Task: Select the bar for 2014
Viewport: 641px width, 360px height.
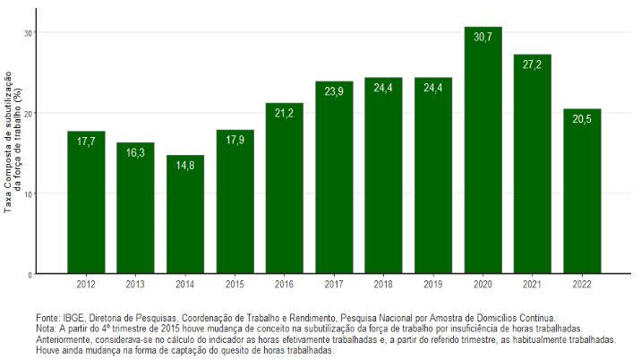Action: pos(185,215)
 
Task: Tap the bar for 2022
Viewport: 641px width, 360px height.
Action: pos(582,192)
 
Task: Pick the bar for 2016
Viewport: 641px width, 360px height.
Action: pos(285,189)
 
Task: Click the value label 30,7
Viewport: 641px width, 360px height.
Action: pos(483,38)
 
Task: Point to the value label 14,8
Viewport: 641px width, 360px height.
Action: pos(185,166)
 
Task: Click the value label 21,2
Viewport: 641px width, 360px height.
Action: pos(285,114)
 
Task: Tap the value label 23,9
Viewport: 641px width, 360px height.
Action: pos(334,92)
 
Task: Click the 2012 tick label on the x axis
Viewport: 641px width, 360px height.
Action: pos(86,284)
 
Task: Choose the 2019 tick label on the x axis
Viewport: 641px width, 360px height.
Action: pos(433,284)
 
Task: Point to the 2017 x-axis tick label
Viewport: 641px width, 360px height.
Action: pos(334,284)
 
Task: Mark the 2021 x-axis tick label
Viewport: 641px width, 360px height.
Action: pos(532,284)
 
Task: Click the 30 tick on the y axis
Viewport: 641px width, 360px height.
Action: pos(28,33)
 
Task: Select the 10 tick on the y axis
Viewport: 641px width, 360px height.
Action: pos(28,193)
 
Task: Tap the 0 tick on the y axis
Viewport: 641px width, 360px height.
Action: pos(30,274)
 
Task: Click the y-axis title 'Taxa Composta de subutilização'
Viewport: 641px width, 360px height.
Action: pos(10,143)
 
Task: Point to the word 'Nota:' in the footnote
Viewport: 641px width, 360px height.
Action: pos(48,329)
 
